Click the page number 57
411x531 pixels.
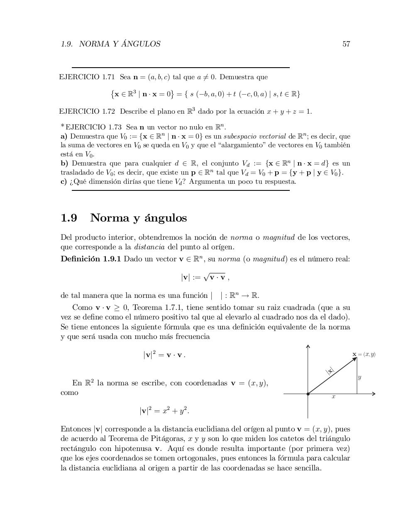[346, 44]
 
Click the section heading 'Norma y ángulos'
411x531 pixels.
[138, 218]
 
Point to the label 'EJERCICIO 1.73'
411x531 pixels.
[93, 127]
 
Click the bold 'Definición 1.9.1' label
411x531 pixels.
[91, 259]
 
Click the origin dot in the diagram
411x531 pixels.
[308, 394]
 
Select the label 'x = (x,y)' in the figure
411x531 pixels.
[364, 354]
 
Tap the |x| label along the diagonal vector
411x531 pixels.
[330, 370]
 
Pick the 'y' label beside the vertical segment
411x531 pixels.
[360, 378]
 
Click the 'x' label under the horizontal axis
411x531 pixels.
[333, 397]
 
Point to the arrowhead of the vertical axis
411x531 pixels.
[308, 346]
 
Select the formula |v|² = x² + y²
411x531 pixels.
[164, 411]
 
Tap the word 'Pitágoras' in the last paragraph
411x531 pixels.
[169, 438]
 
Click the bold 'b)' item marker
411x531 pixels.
[64, 163]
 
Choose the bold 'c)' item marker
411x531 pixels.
[64, 181]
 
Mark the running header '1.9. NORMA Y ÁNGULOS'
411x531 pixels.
[110, 44]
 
